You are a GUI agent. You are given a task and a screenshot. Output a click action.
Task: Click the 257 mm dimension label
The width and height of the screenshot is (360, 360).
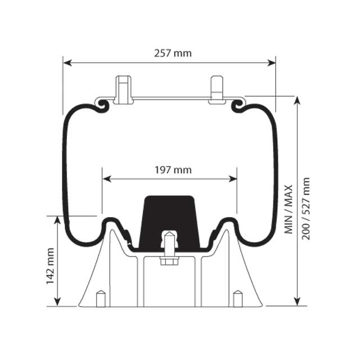pyautogui.click(x=173, y=53)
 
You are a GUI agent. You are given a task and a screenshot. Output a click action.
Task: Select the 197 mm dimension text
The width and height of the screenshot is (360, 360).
pyautogui.click(x=173, y=170)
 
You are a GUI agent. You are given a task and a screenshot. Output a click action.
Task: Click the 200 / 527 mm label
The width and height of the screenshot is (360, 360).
pyautogui.click(x=306, y=209)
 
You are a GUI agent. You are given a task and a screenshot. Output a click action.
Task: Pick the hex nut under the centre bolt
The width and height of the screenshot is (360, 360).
pyautogui.click(x=169, y=260)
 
